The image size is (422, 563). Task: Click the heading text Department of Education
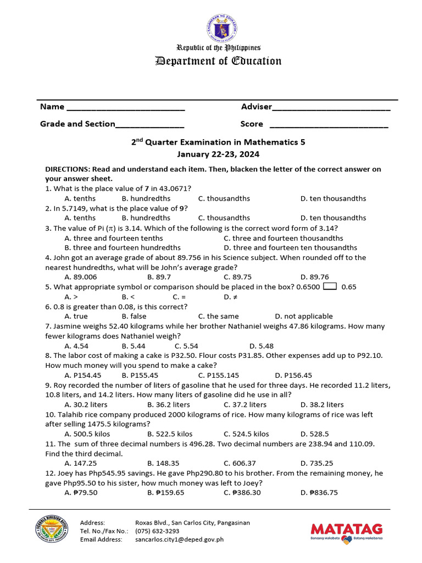[218, 61]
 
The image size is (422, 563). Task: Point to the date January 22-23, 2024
[218, 154]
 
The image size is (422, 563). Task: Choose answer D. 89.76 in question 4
[315, 277]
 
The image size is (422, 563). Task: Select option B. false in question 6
[134, 316]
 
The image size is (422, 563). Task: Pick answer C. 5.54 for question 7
[186, 346]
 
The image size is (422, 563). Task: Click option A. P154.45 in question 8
[83, 375]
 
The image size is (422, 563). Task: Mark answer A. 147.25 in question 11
[81, 463]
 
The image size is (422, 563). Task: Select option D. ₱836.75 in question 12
[319, 493]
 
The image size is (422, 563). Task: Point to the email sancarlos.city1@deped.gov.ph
[180, 540]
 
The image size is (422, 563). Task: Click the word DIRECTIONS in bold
[67, 169]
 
